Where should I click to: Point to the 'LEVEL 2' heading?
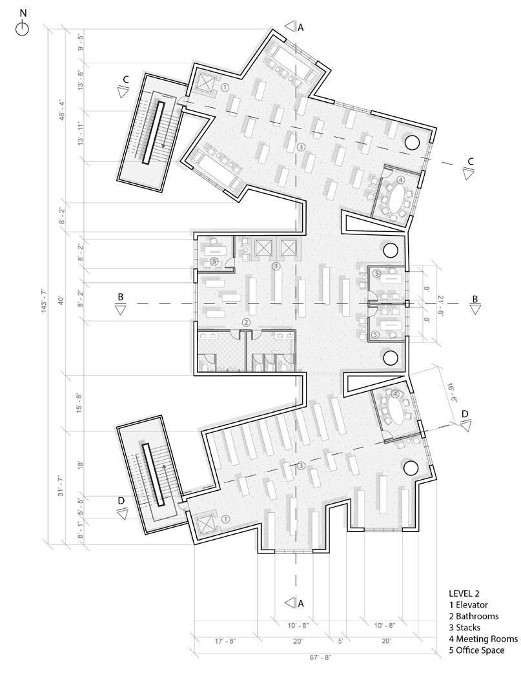coord(464,593)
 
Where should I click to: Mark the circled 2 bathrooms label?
coord(246,322)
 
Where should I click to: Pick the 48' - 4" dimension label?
coord(61,110)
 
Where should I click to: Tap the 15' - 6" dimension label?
coord(79,403)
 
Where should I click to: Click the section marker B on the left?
coord(120,304)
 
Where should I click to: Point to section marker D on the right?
coord(465,420)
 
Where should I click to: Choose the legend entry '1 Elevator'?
coord(468,604)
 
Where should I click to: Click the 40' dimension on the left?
coord(61,300)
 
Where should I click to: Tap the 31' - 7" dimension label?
coord(61,486)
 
